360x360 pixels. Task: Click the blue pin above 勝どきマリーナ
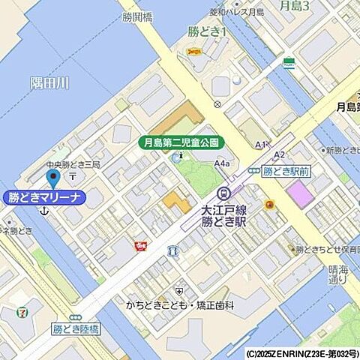[x=52, y=178]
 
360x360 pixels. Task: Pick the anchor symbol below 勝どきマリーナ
[x=43, y=213]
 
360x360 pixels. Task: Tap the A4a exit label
[x=222, y=163]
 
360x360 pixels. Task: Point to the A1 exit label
[x=260, y=144]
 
